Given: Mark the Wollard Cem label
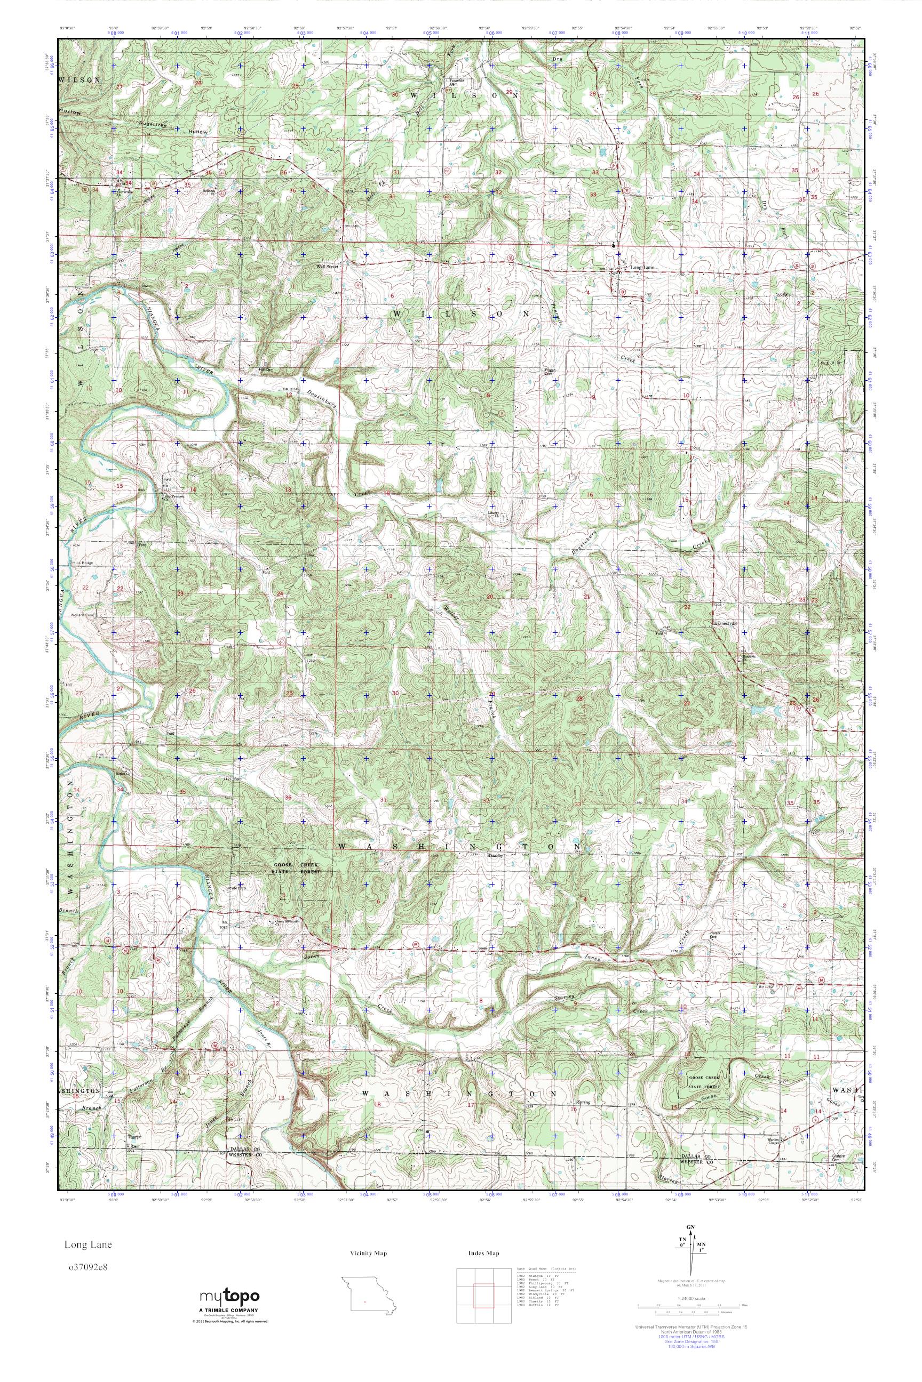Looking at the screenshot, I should click(82, 615).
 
